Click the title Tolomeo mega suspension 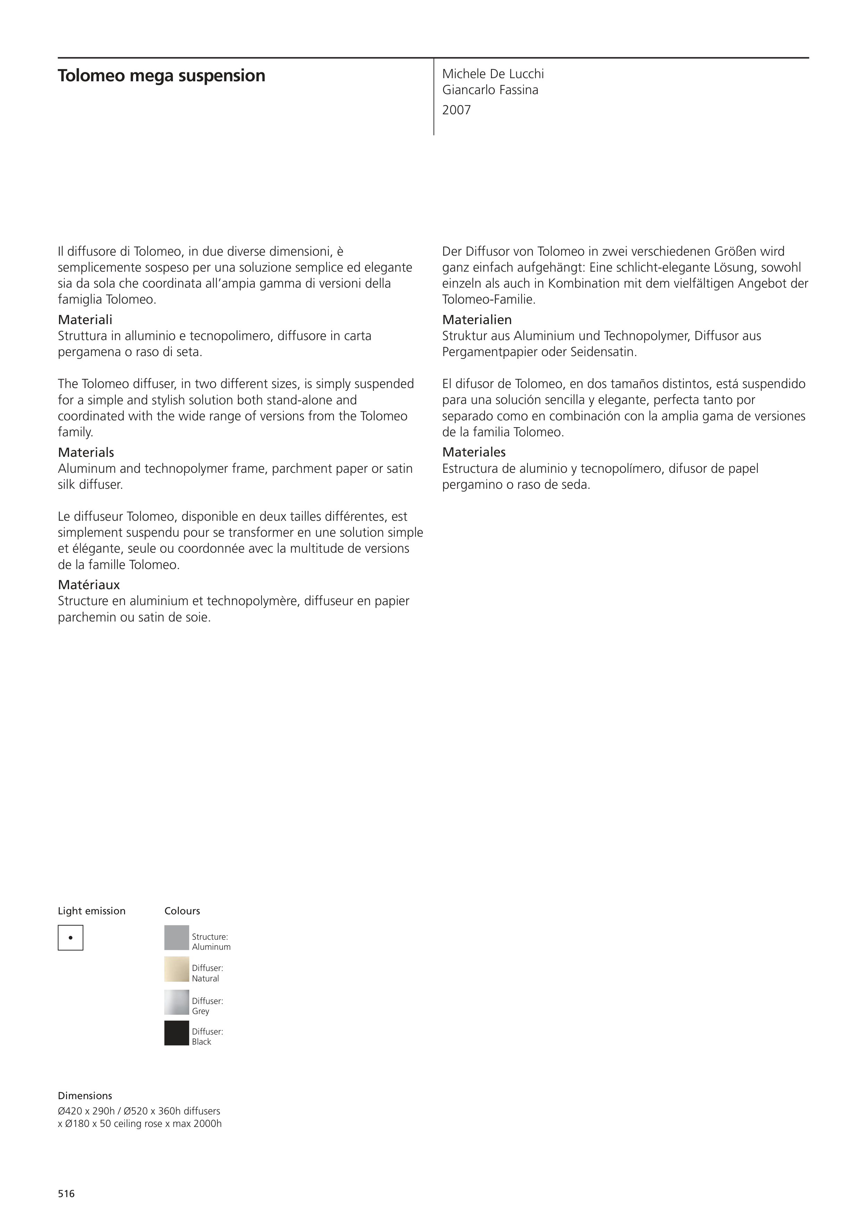pos(161,76)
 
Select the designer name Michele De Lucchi pos(493,74)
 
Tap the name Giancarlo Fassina pos(490,90)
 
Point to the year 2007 pos(456,110)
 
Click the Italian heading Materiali pos(85,320)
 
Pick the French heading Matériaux pos(89,585)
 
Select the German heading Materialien pos(476,320)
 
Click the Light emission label pos(91,911)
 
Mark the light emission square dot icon pos(70,937)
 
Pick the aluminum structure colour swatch pos(176,937)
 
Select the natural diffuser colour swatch pos(176,969)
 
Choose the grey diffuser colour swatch pos(176,1002)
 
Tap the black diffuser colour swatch pos(176,1032)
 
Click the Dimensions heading pos(85,1096)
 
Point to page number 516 pos(66,1193)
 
